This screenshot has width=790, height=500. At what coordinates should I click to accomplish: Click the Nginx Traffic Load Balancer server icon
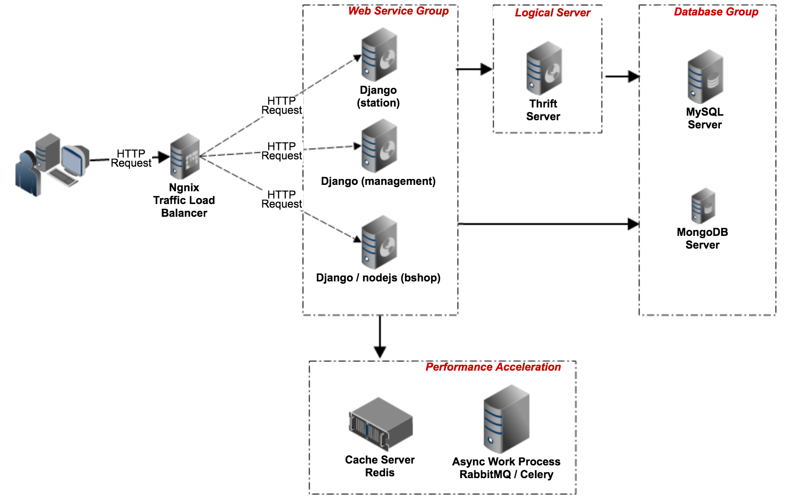pyautogui.click(x=185, y=156)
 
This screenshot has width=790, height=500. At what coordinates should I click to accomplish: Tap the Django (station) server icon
pyautogui.click(x=379, y=55)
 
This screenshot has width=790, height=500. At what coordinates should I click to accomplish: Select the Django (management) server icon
pyautogui.click(x=379, y=146)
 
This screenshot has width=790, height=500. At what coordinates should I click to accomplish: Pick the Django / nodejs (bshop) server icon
pyautogui.click(x=379, y=242)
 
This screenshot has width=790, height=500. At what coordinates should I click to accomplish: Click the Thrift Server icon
pyautogui.click(x=544, y=68)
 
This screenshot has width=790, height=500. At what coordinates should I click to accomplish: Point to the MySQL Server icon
pyautogui.click(x=705, y=77)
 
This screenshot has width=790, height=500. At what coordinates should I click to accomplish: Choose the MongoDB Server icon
pyautogui.click(x=703, y=206)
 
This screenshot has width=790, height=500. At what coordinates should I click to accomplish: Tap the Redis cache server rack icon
pyautogui.click(x=381, y=423)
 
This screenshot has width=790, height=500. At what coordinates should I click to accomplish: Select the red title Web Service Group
pyautogui.click(x=398, y=11)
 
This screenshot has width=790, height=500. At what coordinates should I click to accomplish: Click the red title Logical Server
pyautogui.click(x=552, y=13)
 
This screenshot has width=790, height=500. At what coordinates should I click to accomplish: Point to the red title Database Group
pyautogui.click(x=716, y=12)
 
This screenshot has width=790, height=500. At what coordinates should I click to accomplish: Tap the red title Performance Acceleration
pyautogui.click(x=493, y=367)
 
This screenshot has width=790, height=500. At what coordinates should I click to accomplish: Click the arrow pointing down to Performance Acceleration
pyautogui.click(x=380, y=337)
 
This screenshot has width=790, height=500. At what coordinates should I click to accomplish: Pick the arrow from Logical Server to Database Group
pyautogui.click(x=622, y=77)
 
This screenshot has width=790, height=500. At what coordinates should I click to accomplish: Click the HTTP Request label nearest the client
pyautogui.click(x=131, y=158)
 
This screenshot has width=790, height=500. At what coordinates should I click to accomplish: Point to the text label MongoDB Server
pyautogui.click(x=703, y=239)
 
